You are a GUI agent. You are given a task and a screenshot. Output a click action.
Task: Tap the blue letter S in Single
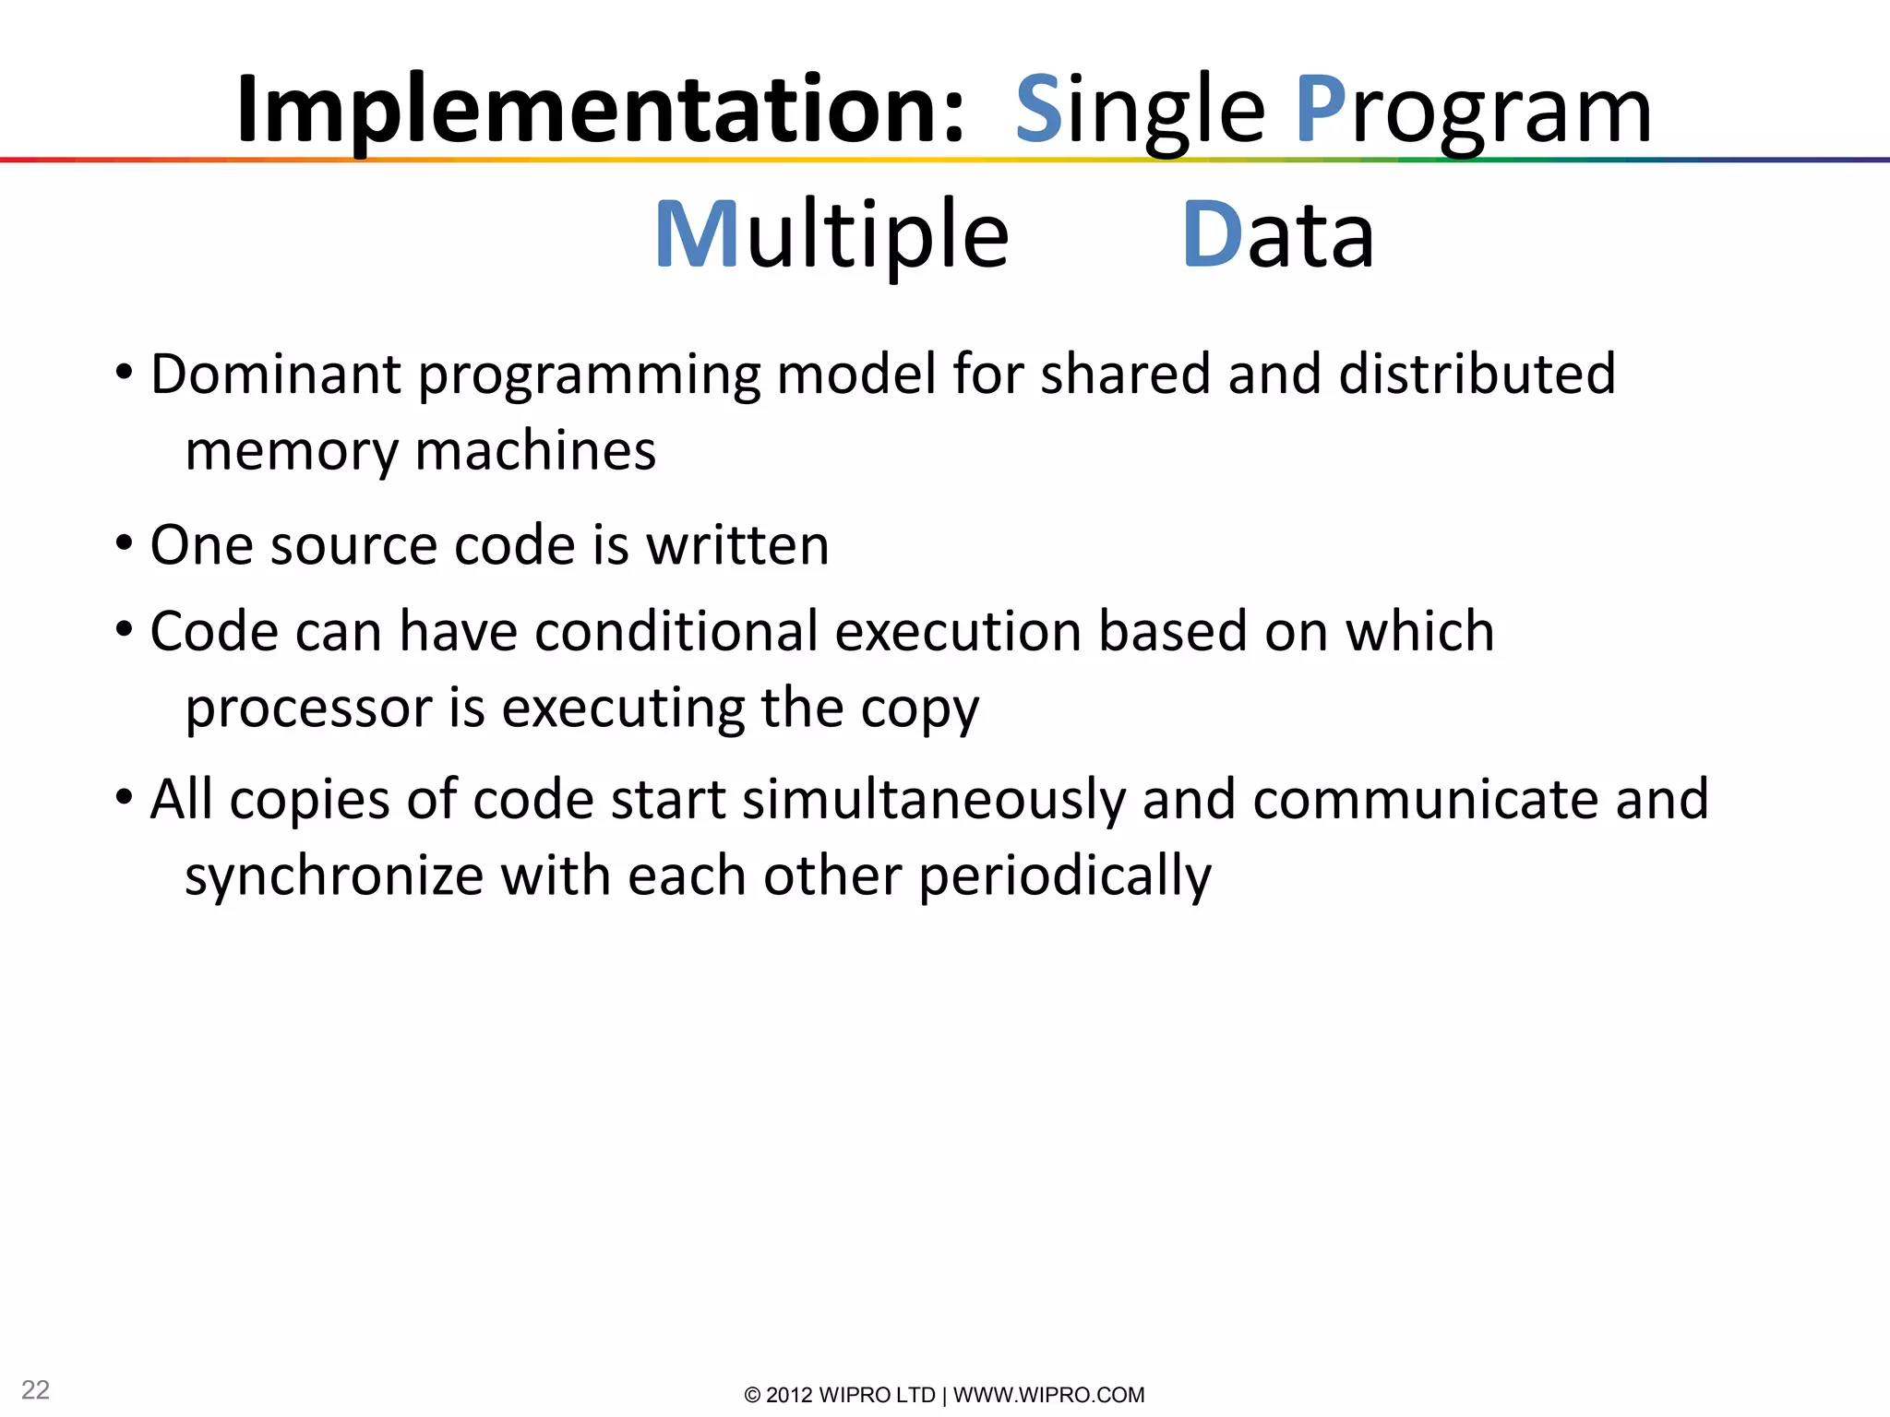(1039, 109)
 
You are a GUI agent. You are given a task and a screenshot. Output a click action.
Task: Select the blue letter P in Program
(1321, 109)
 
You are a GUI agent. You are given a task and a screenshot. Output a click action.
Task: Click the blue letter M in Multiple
(697, 235)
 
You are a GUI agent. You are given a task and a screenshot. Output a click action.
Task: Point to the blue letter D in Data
(1212, 235)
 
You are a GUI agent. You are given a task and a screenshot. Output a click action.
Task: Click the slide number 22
(35, 1389)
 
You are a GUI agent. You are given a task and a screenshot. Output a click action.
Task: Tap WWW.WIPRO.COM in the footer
(1048, 1395)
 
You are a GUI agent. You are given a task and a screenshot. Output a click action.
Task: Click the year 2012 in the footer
(789, 1395)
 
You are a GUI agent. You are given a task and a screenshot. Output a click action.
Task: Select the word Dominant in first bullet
(276, 375)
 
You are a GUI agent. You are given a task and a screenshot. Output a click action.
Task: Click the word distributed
(1477, 375)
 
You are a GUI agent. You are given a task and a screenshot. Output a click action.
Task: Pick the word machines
(535, 451)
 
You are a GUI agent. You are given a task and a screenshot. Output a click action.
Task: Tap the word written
(737, 545)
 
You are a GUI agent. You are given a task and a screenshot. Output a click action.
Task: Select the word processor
(309, 709)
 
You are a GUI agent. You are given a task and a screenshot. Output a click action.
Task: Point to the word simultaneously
(934, 800)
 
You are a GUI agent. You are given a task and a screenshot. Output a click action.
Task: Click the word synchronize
(334, 876)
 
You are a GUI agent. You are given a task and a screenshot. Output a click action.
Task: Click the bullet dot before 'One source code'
(125, 543)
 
